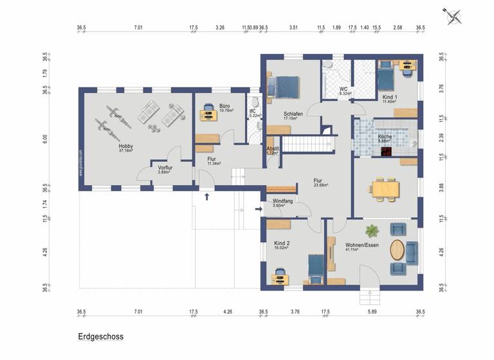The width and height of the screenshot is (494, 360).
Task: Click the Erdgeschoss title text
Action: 100,336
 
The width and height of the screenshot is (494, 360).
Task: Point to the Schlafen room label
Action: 293,116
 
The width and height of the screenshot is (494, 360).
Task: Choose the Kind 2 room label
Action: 282,244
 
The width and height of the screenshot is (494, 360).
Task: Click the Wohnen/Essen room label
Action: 361,246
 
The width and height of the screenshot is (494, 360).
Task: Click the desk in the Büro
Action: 208,115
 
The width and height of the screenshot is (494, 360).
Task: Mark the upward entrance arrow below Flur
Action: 206,196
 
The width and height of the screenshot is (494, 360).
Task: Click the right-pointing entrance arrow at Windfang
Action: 258,208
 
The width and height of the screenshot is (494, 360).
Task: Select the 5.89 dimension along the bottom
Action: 372,312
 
